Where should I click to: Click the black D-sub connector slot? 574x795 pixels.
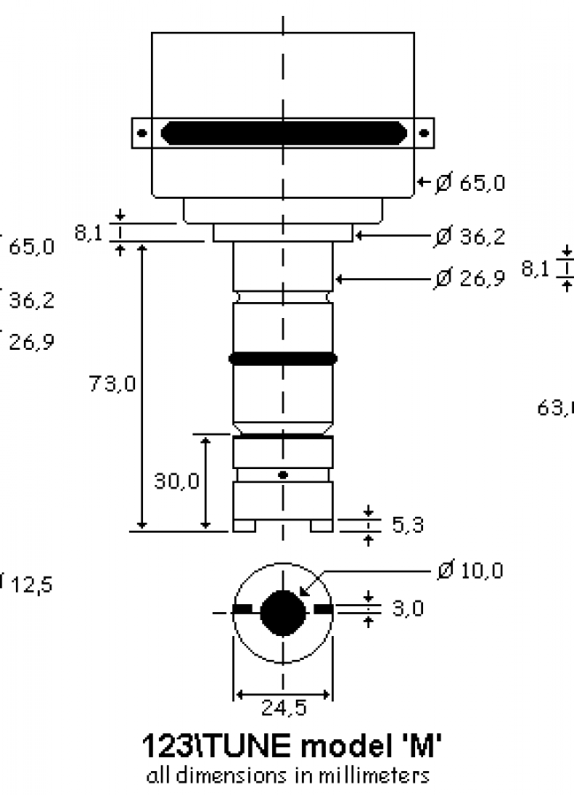[x=283, y=133]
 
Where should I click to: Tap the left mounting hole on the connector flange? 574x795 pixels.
[x=141, y=133]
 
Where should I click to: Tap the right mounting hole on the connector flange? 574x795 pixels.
[x=424, y=133]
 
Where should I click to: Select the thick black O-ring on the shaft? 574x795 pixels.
[x=283, y=359]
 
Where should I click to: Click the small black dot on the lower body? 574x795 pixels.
[x=283, y=475]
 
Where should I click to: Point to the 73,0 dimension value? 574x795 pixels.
[x=112, y=384]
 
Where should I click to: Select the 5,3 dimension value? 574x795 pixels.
[x=407, y=526]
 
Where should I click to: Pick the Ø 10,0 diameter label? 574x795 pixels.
[x=470, y=571]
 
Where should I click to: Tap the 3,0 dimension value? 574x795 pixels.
[x=407, y=609]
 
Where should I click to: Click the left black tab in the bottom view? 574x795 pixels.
[x=243, y=609]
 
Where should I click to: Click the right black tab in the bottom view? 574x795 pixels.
[x=323, y=609]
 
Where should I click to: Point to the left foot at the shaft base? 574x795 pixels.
[x=245, y=526]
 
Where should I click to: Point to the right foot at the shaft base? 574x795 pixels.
[x=321, y=526]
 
